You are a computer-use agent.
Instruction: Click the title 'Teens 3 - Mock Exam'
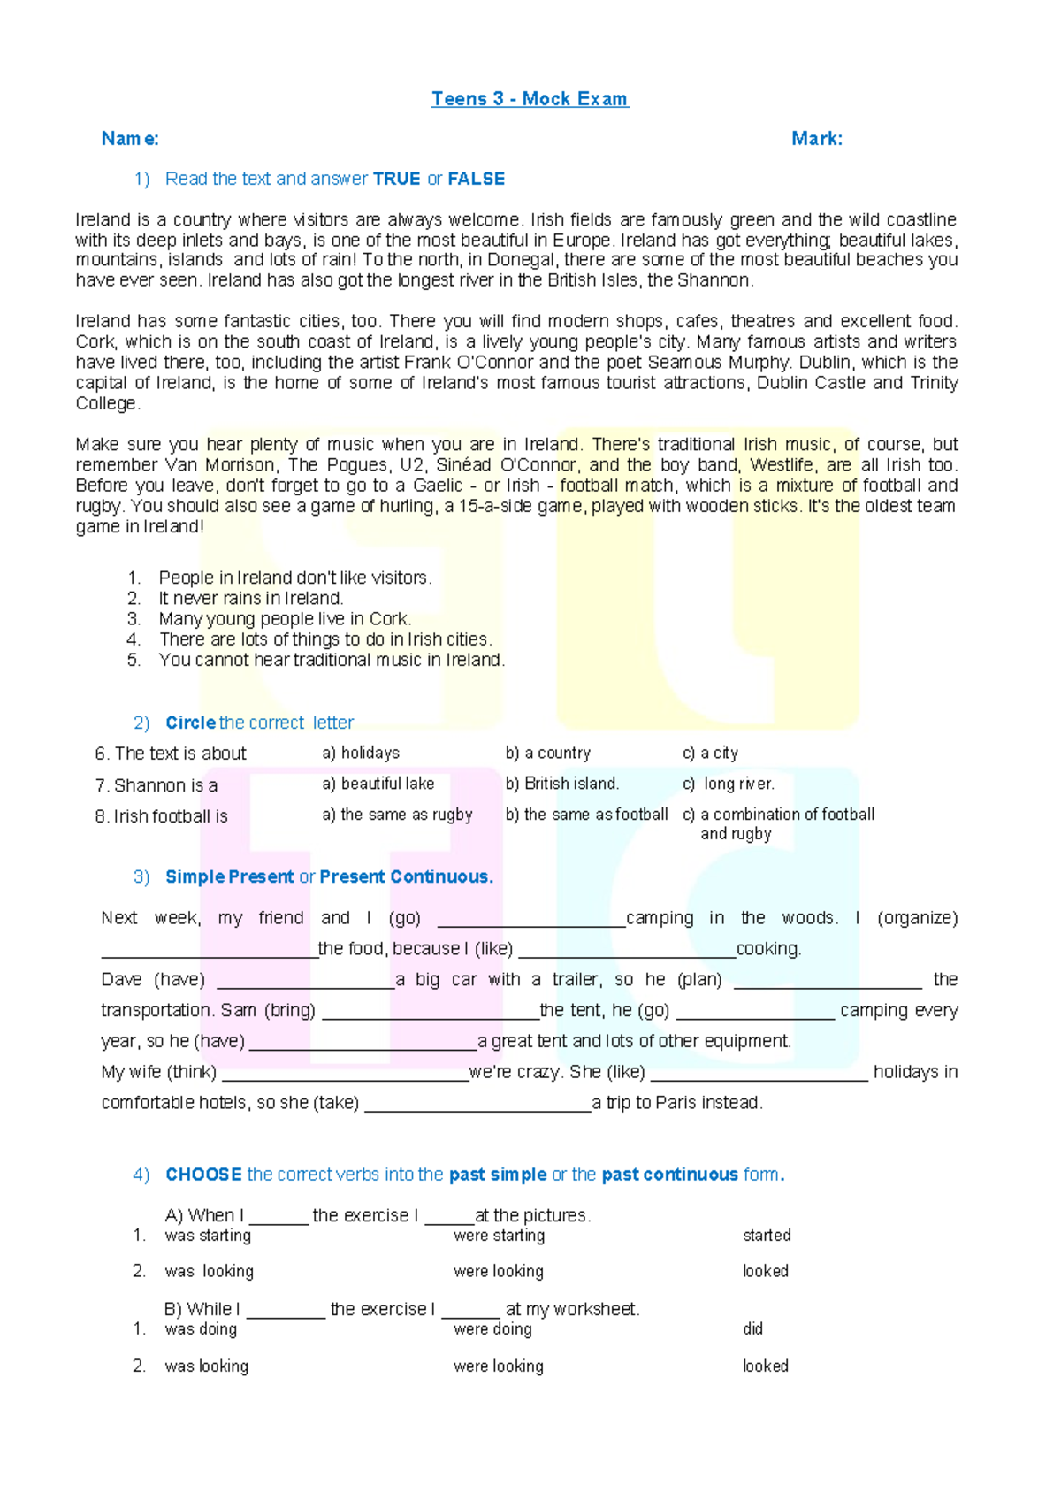(530, 99)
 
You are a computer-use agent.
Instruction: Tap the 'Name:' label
(130, 139)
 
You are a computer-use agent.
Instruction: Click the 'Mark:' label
(816, 139)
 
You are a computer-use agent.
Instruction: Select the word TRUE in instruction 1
(396, 179)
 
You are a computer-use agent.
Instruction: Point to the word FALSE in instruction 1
(476, 179)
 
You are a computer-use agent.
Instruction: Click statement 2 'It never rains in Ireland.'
(250, 599)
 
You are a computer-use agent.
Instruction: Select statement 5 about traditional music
(332, 661)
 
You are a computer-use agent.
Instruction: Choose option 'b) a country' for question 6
(547, 754)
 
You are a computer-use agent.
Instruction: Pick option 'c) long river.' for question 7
(728, 784)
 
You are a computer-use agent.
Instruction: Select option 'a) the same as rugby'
(397, 815)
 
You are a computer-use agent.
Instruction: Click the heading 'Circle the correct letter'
(259, 723)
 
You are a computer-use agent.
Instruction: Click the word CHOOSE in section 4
(203, 1175)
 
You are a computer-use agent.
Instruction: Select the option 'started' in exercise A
(767, 1236)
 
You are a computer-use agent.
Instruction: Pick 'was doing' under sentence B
(201, 1329)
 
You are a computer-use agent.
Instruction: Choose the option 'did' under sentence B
(752, 1329)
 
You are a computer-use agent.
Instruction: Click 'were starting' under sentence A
(499, 1236)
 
